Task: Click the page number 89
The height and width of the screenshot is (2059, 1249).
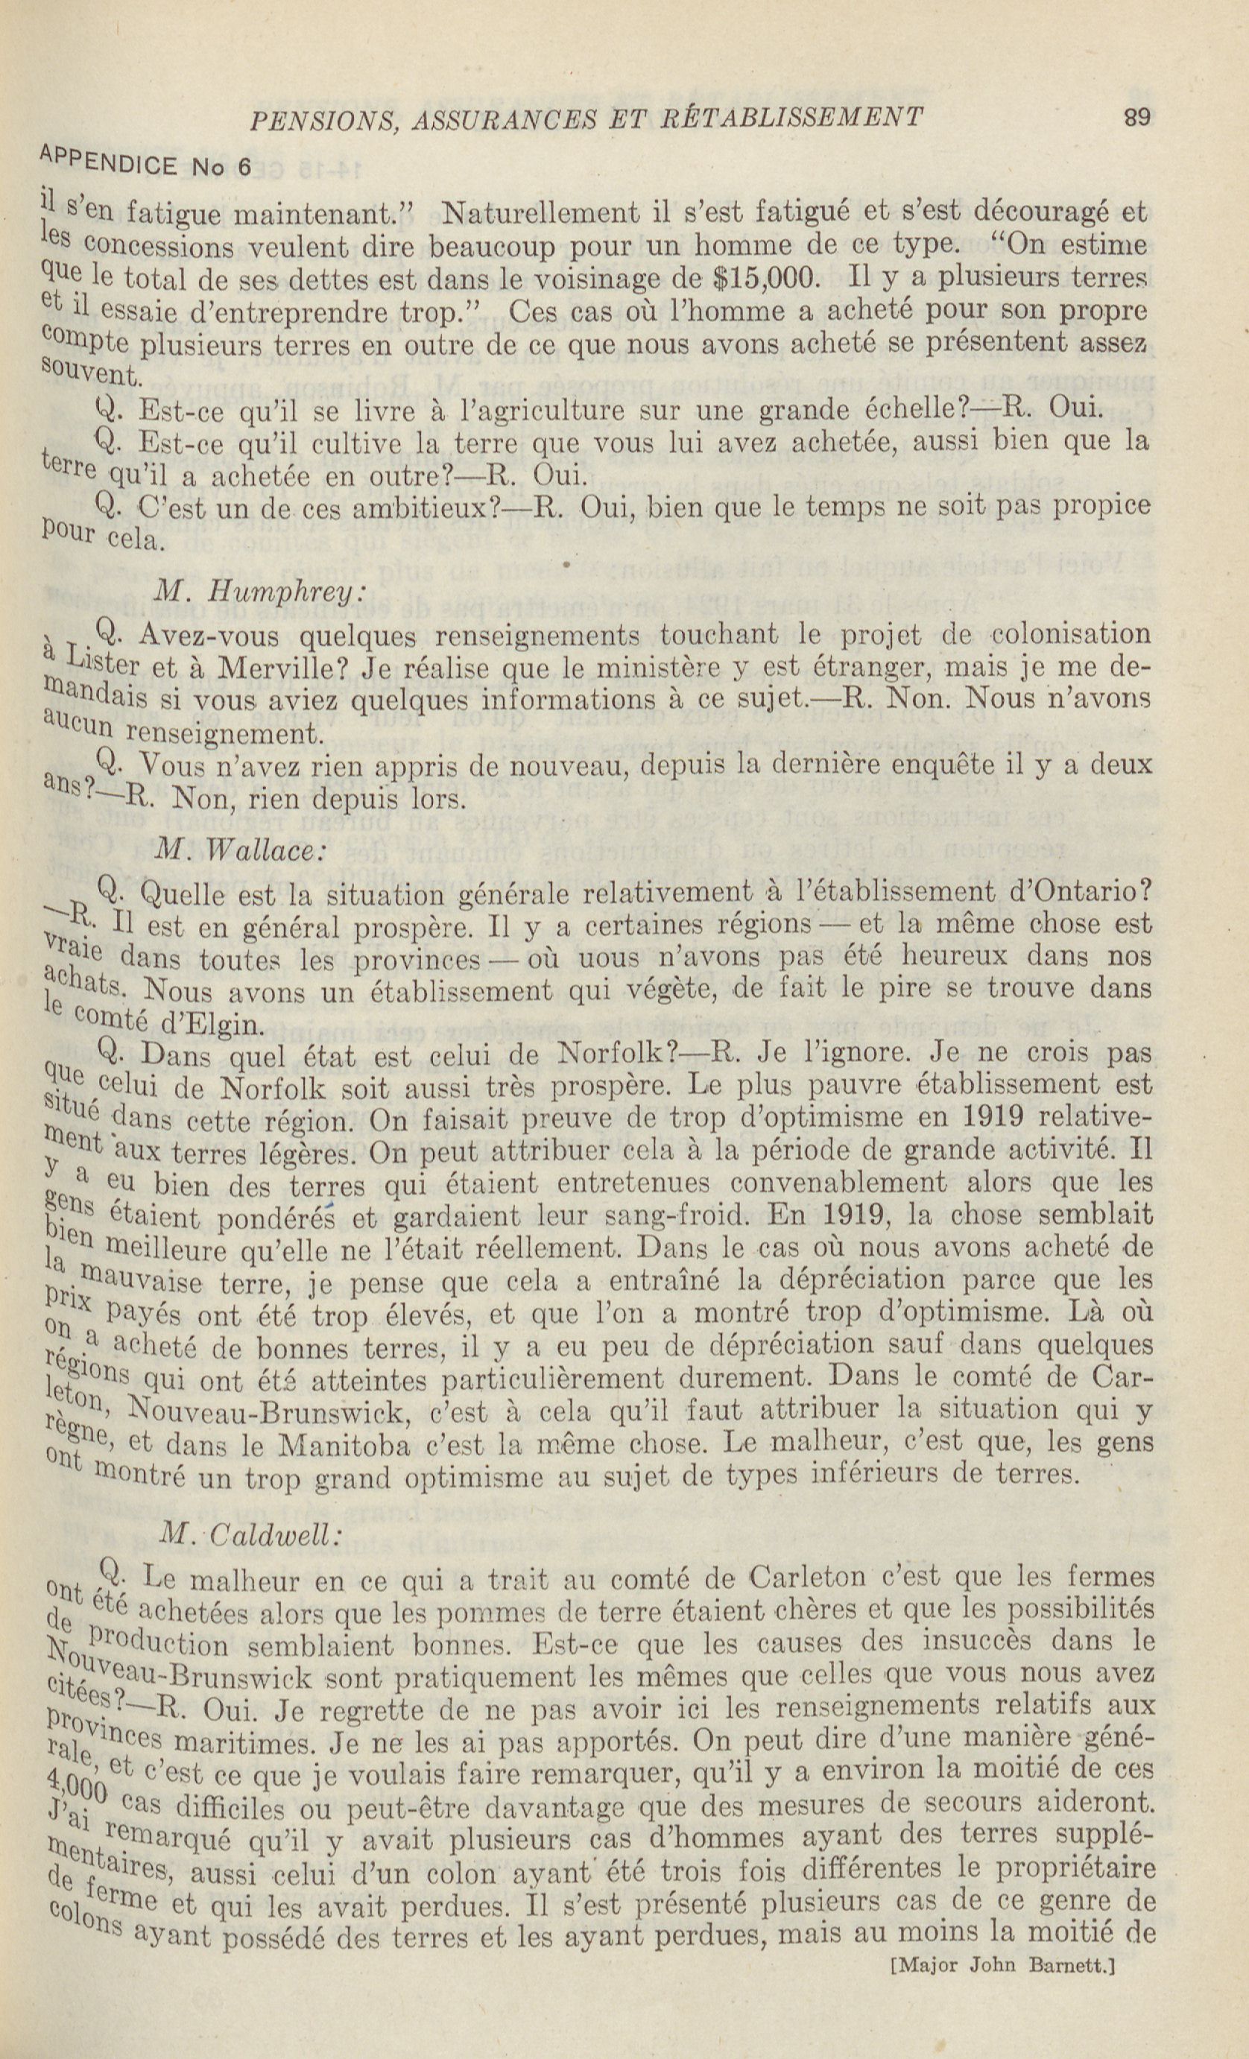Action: (1137, 117)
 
